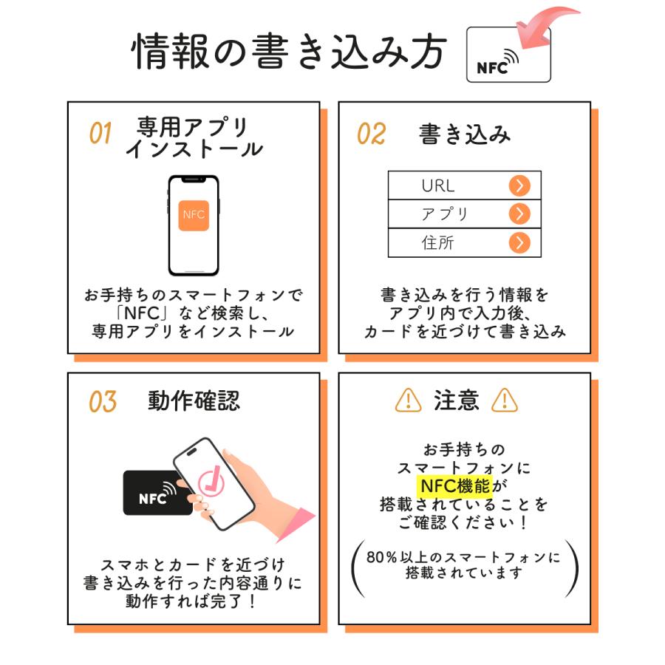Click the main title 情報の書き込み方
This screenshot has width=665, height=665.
(289, 51)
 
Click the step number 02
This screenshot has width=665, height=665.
(371, 134)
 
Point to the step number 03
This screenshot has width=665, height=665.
(103, 402)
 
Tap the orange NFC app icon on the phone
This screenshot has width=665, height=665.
(194, 214)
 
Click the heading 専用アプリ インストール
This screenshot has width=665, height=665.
(194, 137)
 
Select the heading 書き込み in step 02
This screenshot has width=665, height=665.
(465, 134)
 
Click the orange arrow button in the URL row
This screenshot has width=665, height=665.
(519, 185)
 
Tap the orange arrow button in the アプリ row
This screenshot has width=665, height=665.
(519, 214)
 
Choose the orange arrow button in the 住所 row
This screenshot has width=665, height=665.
(519, 242)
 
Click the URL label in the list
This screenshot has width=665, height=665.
(438, 185)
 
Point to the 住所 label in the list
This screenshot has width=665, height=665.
(437, 243)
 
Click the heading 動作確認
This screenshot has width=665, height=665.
(194, 401)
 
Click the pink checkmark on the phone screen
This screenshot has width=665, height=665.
(213, 483)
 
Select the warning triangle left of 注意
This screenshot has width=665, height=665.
(408, 400)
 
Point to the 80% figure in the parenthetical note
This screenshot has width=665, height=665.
(383, 556)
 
